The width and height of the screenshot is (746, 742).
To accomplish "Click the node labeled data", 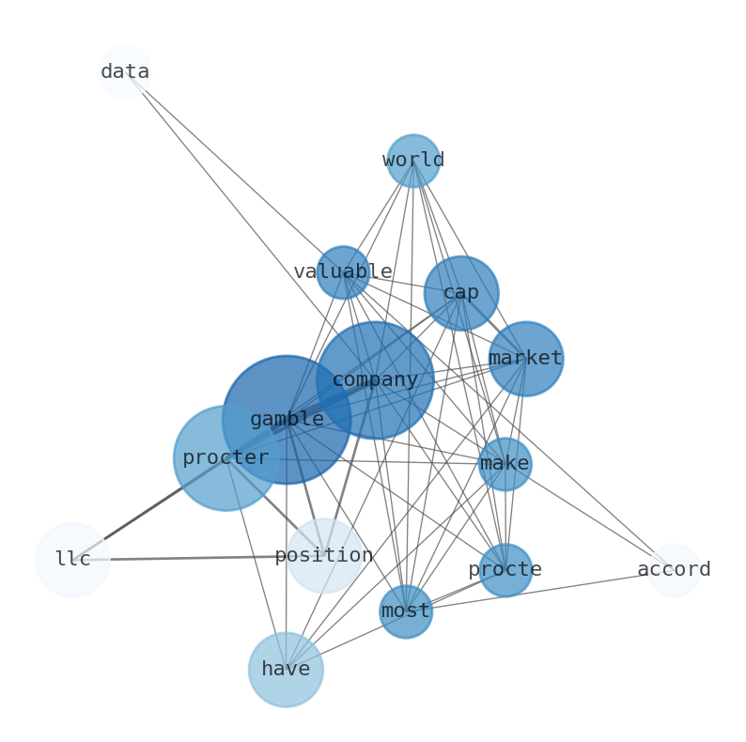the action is click(125, 72).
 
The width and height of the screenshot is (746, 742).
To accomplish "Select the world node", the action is click(413, 161).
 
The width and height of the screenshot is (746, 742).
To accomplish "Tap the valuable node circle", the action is click(343, 272).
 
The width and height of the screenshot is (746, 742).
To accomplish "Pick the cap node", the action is click(461, 293).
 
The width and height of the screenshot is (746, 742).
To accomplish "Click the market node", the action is click(526, 359).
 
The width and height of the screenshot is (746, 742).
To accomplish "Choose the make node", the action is click(505, 464).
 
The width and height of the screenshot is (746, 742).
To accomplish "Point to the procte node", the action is click(505, 570).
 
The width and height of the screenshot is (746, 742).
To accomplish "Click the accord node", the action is click(674, 570).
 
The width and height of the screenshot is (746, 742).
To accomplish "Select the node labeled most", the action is click(406, 611).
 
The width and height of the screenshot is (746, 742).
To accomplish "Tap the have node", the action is click(286, 670).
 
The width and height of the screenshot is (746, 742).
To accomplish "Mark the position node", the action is click(324, 555).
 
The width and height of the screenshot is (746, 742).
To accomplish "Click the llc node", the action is click(72, 560).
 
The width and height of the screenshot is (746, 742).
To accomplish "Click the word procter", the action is click(226, 458).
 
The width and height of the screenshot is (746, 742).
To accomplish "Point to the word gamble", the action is click(287, 420).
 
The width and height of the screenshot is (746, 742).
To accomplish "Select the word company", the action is click(376, 380).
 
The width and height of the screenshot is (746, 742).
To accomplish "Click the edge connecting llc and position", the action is click(198, 558).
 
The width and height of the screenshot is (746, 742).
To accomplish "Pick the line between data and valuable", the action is click(234, 172).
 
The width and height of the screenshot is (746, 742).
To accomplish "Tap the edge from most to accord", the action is click(539, 591).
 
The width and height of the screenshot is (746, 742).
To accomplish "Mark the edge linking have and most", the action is click(346, 641).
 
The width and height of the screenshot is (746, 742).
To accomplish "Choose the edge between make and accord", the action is click(589, 517).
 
